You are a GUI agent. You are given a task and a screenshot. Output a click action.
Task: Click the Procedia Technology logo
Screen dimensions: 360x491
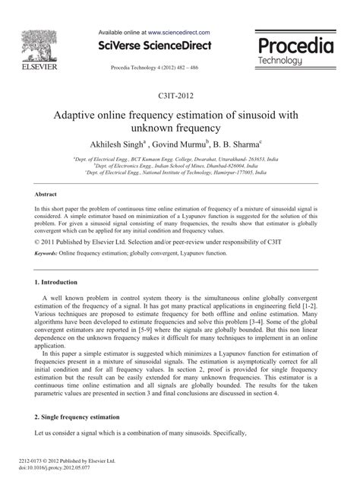[x=297, y=51]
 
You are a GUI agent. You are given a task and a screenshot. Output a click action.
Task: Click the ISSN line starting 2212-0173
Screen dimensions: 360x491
[x=68, y=461]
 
